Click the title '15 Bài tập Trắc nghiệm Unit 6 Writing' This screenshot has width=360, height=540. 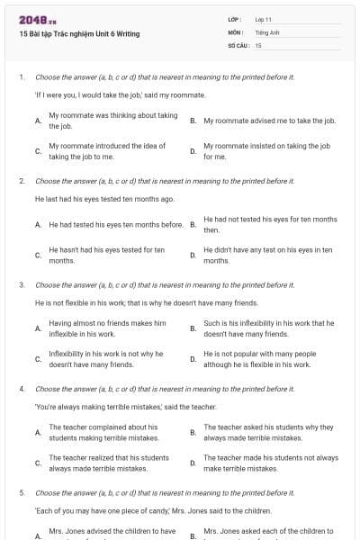pos(79,34)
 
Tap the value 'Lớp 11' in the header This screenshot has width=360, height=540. pos(264,19)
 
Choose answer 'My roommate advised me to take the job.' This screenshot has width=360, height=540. pos(269,120)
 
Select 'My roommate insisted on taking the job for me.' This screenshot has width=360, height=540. pos(266,150)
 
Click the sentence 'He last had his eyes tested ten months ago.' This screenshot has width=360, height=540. pos(104,199)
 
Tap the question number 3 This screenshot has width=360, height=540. pos(22,284)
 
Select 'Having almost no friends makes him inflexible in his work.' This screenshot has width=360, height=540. pos(107,328)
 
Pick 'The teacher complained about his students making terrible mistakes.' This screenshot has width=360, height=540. pos(103,432)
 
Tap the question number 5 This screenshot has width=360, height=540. pos(22,493)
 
